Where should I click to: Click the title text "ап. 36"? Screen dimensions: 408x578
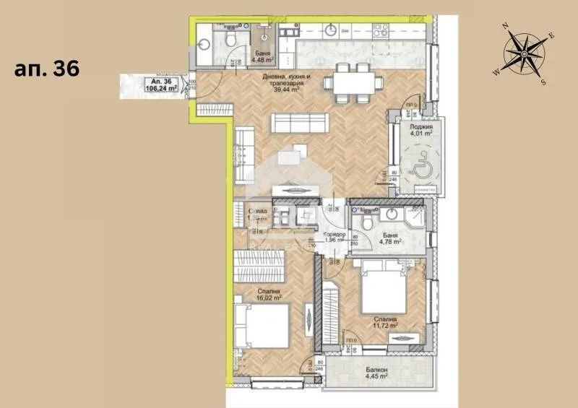pyautogui.click(x=46, y=69)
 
